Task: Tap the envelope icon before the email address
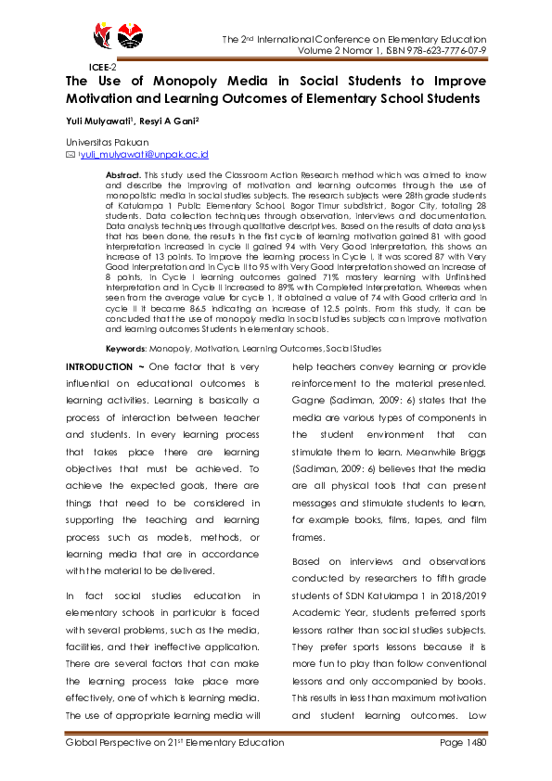(70, 156)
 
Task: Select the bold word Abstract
(122, 174)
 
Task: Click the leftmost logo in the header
(104, 35)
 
